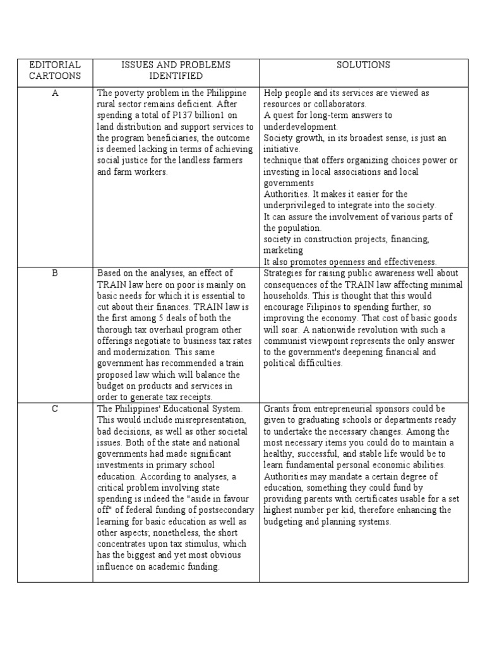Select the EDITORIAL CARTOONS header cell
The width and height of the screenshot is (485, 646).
click(55, 70)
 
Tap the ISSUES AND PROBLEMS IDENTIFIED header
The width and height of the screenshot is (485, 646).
click(176, 70)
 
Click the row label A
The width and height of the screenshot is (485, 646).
click(55, 93)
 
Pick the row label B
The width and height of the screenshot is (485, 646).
click(55, 273)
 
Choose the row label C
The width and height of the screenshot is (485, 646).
click(55, 409)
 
